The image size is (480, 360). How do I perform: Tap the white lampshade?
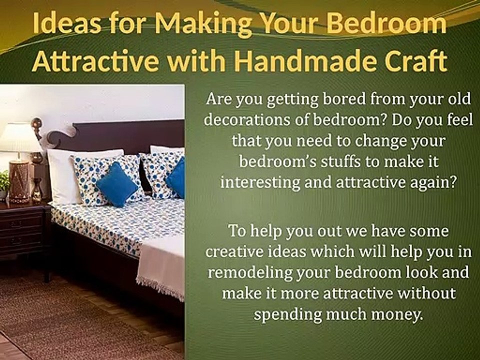coord(19,137)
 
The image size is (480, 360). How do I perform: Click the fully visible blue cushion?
coord(116,184)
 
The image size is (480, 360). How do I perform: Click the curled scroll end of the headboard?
coord(60,135)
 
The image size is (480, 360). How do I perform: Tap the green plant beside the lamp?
coord(4,181)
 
